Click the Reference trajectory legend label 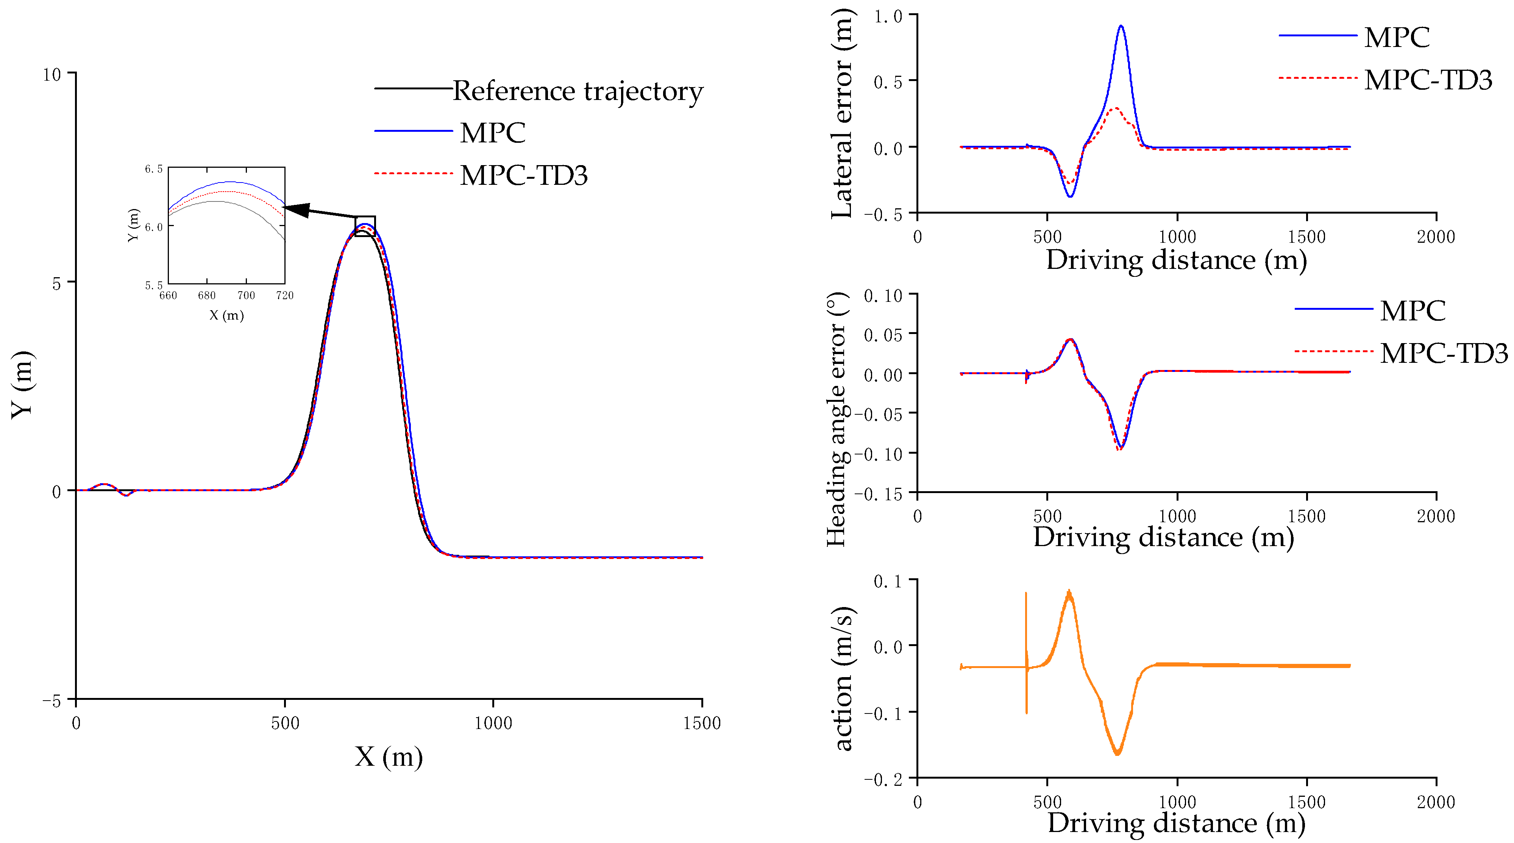pyautogui.click(x=578, y=91)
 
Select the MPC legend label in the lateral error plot pyautogui.click(x=1397, y=37)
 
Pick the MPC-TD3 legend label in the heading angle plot pyautogui.click(x=1444, y=353)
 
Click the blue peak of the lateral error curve pyautogui.click(x=1121, y=27)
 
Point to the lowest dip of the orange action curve pyautogui.click(x=1117, y=753)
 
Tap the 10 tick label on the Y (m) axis pyautogui.click(x=52, y=75)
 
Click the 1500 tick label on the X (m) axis pyautogui.click(x=702, y=723)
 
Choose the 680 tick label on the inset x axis pyautogui.click(x=207, y=295)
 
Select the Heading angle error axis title pyautogui.click(x=837, y=420)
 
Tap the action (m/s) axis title pyautogui.click(x=843, y=679)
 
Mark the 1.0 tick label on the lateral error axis pyautogui.click(x=888, y=16)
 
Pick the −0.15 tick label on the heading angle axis pyautogui.click(x=878, y=494)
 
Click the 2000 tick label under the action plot pyautogui.click(x=1435, y=802)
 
